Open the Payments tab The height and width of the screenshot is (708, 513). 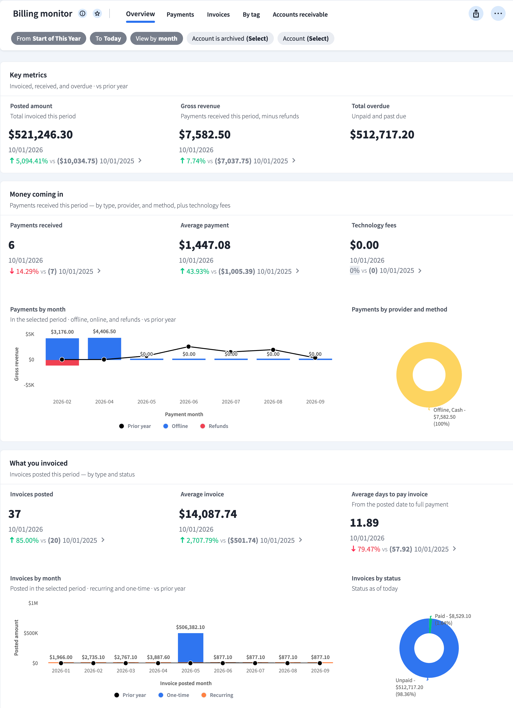[x=180, y=14]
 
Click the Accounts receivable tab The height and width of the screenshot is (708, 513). [x=300, y=14]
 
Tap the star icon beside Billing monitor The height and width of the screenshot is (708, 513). [x=98, y=13]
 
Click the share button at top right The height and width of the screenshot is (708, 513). [x=476, y=13]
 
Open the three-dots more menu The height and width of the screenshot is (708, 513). [x=498, y=13]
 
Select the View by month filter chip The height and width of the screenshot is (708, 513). [x=156, y=38]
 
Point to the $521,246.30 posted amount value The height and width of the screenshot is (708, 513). [x=41, y=134]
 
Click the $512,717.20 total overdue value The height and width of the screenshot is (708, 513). [x=382, y=134]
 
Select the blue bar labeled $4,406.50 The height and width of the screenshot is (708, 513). [x=104, y=349]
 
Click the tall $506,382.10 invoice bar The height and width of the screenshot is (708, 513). [x=190, y=647]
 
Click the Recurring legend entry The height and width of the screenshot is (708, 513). [x=218, y=695]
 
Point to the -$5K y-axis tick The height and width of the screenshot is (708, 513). [x=29, y=385]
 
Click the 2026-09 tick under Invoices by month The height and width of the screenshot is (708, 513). [x=320, y=671]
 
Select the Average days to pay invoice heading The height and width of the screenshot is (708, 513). [x=389, y=494]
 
